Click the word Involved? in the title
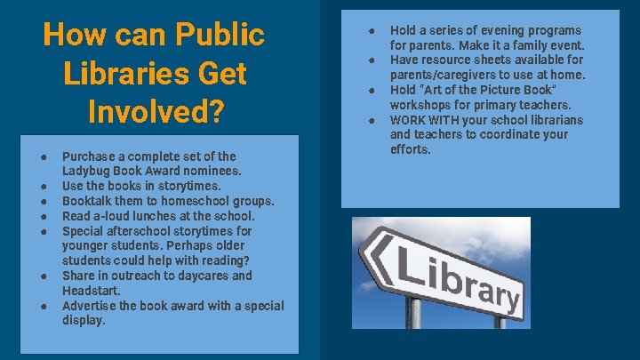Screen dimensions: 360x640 (154, 112)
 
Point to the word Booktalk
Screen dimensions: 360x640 (88, 201)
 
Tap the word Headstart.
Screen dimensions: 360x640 (91, 291)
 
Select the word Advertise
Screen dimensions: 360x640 (88, 306)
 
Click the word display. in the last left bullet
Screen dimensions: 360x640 (84, 320)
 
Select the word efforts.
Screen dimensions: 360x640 (410, 149)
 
